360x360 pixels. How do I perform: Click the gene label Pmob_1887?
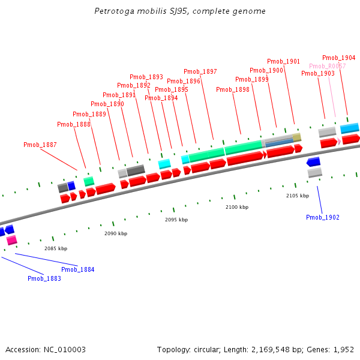coord(40,145)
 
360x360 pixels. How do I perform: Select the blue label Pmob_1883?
coord(44,278)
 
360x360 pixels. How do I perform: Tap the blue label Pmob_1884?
coord(77,269)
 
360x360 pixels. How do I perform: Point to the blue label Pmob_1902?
coord(322,217)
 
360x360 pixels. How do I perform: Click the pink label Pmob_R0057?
coord(327,66)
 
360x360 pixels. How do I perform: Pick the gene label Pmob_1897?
coord(200,71)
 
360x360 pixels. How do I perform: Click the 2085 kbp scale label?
coord(56,248)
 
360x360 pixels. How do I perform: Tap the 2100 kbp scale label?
coord(237,207)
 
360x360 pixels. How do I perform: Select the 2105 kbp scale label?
coord(298,196)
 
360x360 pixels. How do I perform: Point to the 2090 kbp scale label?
coord(116,233)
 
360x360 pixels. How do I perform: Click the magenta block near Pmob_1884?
coord(11,240)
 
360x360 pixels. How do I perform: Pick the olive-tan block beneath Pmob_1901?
coord(296,137)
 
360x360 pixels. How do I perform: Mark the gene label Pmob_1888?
coord(74,124)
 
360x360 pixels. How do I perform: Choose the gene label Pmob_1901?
coord(283,61)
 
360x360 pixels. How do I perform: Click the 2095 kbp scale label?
coord(176,220)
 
